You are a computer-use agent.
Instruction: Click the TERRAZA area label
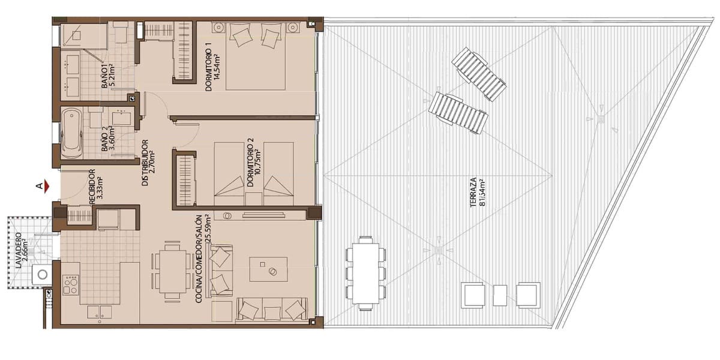(x=477, y=191)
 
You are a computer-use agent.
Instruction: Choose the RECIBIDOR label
(x=96, y=188)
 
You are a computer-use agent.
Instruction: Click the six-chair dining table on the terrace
(x=365, y=273)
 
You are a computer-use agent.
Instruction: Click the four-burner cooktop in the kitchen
(x=71, y=284)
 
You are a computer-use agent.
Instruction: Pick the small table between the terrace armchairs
(x=500, y=294)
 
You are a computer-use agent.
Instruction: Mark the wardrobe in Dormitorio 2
(x=185, y=179)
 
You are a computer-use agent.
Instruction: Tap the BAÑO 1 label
(x=108, y=76)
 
